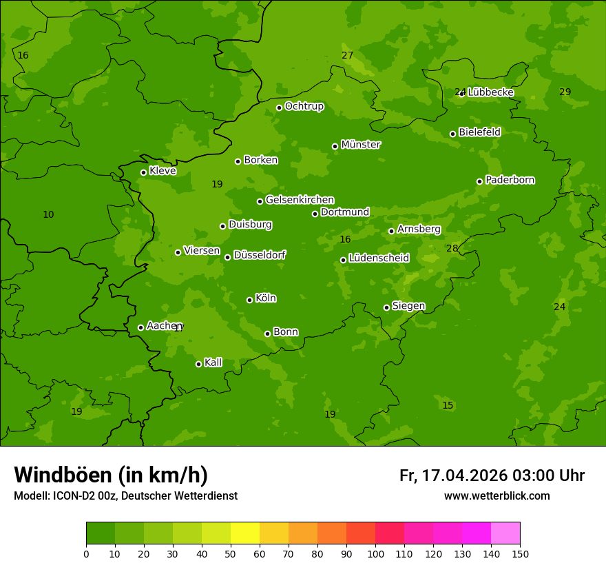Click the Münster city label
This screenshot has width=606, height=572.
(x=360, y=145)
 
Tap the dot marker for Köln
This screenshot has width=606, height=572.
(x=249, y=300)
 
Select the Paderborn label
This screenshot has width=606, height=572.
(x=510, y=180)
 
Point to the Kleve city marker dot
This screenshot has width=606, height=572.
(x=143, y=172)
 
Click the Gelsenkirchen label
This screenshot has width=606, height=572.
(x=300, y=200)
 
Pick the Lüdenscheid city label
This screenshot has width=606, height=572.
(x=379, y=258)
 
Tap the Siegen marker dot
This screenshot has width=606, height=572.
(x=386, y=307)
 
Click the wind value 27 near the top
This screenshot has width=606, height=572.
(x=347, y=56)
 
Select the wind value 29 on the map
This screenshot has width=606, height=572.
(x=565, y=92)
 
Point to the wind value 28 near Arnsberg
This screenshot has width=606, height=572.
(x=452, y=249)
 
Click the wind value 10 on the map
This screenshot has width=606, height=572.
(x=48, y=215)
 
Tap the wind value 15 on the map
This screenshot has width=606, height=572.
(x=448, y=406)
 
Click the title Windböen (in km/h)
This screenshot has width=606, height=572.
(x=111, y=475)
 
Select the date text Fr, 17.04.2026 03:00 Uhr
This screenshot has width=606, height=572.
(x=492, y=476)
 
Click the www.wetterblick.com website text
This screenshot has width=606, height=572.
(x=497, y=496)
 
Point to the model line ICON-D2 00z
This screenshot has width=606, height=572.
(x=125, y=496)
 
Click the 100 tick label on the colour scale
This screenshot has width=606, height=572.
(x=375, y=553)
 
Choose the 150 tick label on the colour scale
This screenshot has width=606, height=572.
(x=520, y=553)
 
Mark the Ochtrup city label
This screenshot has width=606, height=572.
(x=304, y=106)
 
